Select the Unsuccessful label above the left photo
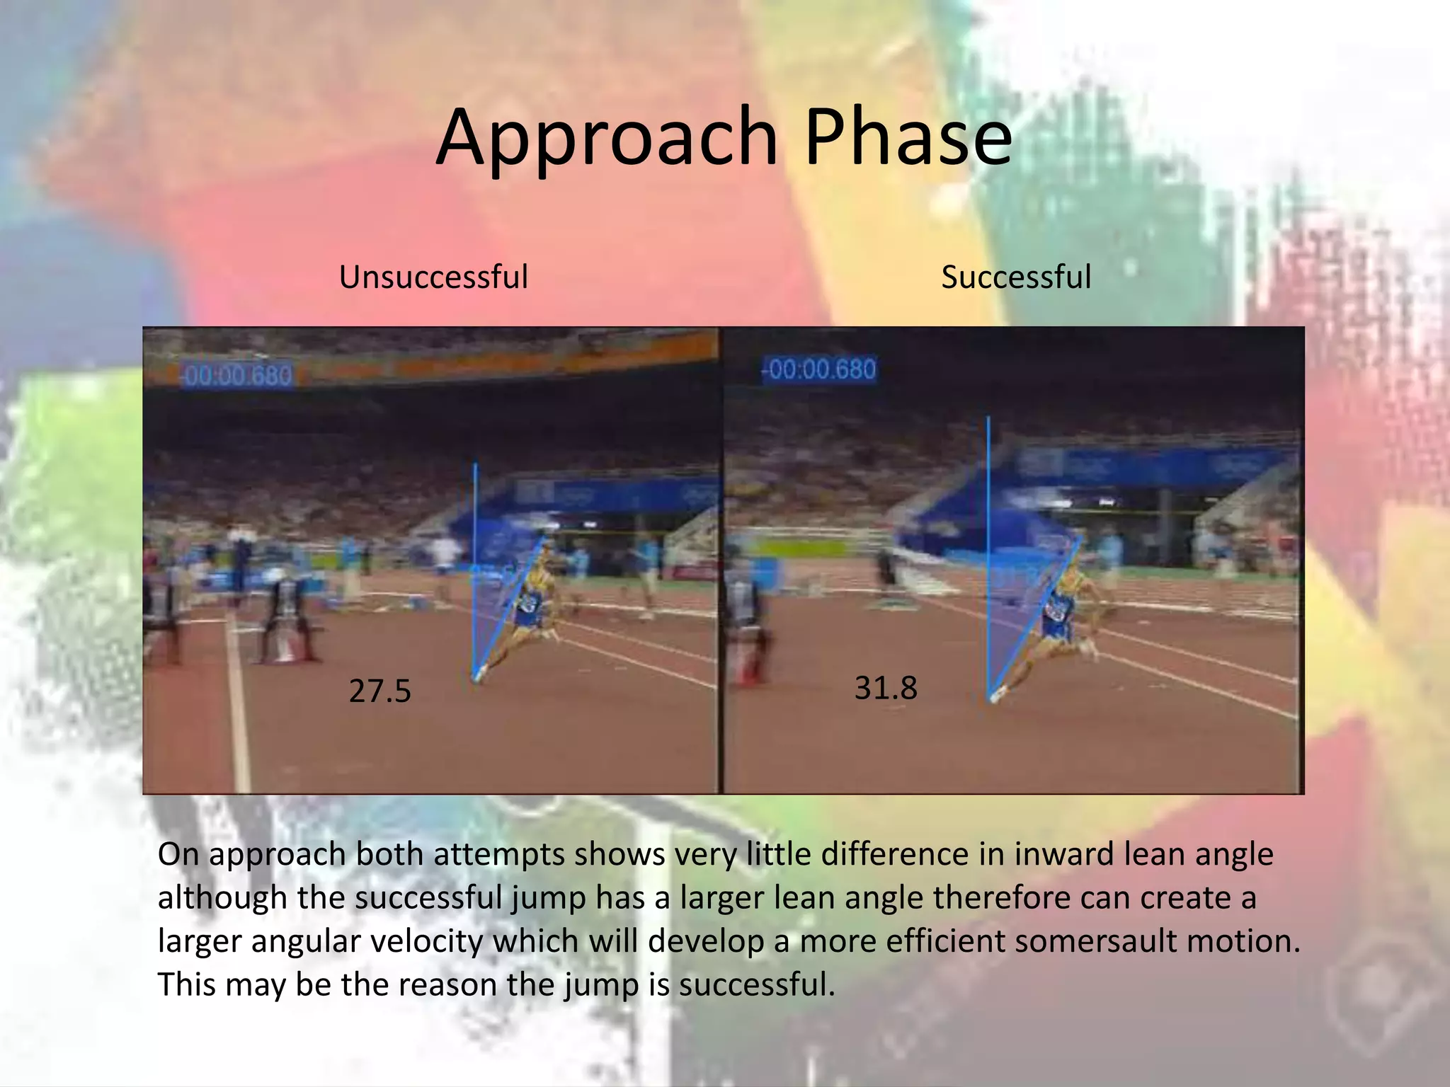433,277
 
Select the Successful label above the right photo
1015,277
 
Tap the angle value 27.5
379,691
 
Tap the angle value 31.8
885,688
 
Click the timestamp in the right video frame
820,369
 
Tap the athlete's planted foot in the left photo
479,674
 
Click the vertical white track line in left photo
239,708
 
